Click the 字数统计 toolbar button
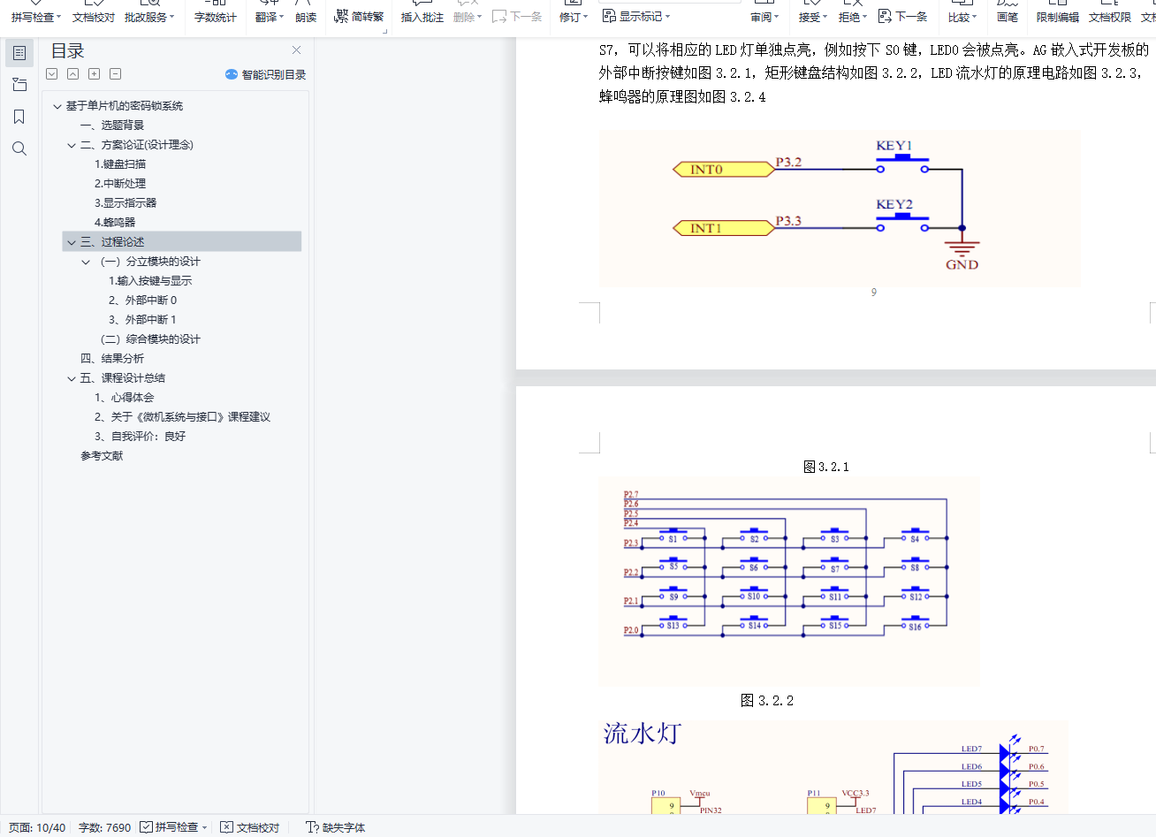point(215,17)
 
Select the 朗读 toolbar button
point(306,17)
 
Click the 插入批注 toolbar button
point(422,17)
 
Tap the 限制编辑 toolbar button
point(1057,17)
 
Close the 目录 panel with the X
point(296,50)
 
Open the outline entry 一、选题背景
point(112,126)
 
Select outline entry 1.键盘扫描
point(120,164)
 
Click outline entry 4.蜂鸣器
point(115,223)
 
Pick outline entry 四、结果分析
point(112,359)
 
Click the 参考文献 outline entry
point(102,456)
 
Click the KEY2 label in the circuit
point(894,204)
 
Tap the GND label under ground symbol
point(962,264)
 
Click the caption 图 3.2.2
point(766,701)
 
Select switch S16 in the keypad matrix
point(915,627)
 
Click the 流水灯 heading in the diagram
point(643,734)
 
